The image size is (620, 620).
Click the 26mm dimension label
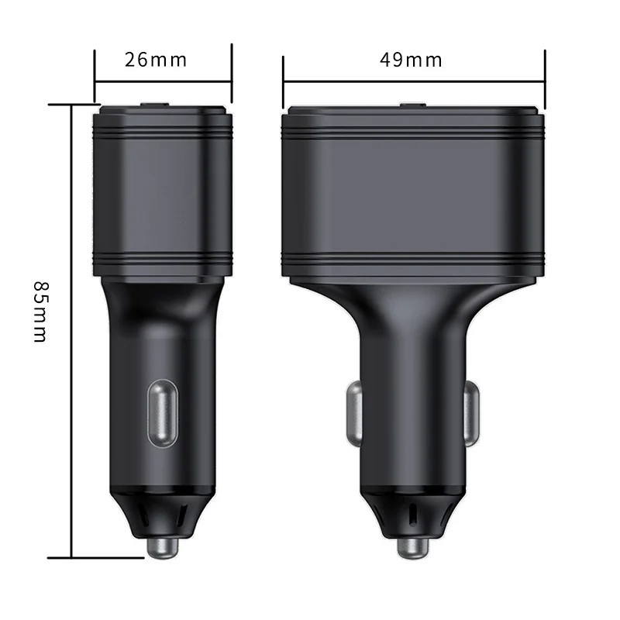coord(156,60)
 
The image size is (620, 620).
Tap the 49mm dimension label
coord(411,60)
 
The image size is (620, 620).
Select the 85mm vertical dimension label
coord(41,310)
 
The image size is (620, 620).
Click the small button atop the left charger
coord(156,104)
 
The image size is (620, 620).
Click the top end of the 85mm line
coord(71,105)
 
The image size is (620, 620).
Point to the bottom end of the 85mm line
coord(71,556)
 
